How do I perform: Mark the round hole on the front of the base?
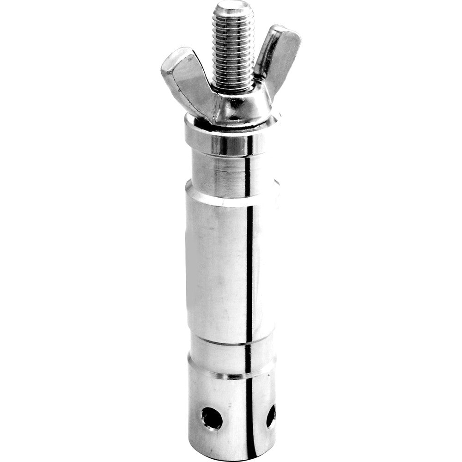pos(212,419)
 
